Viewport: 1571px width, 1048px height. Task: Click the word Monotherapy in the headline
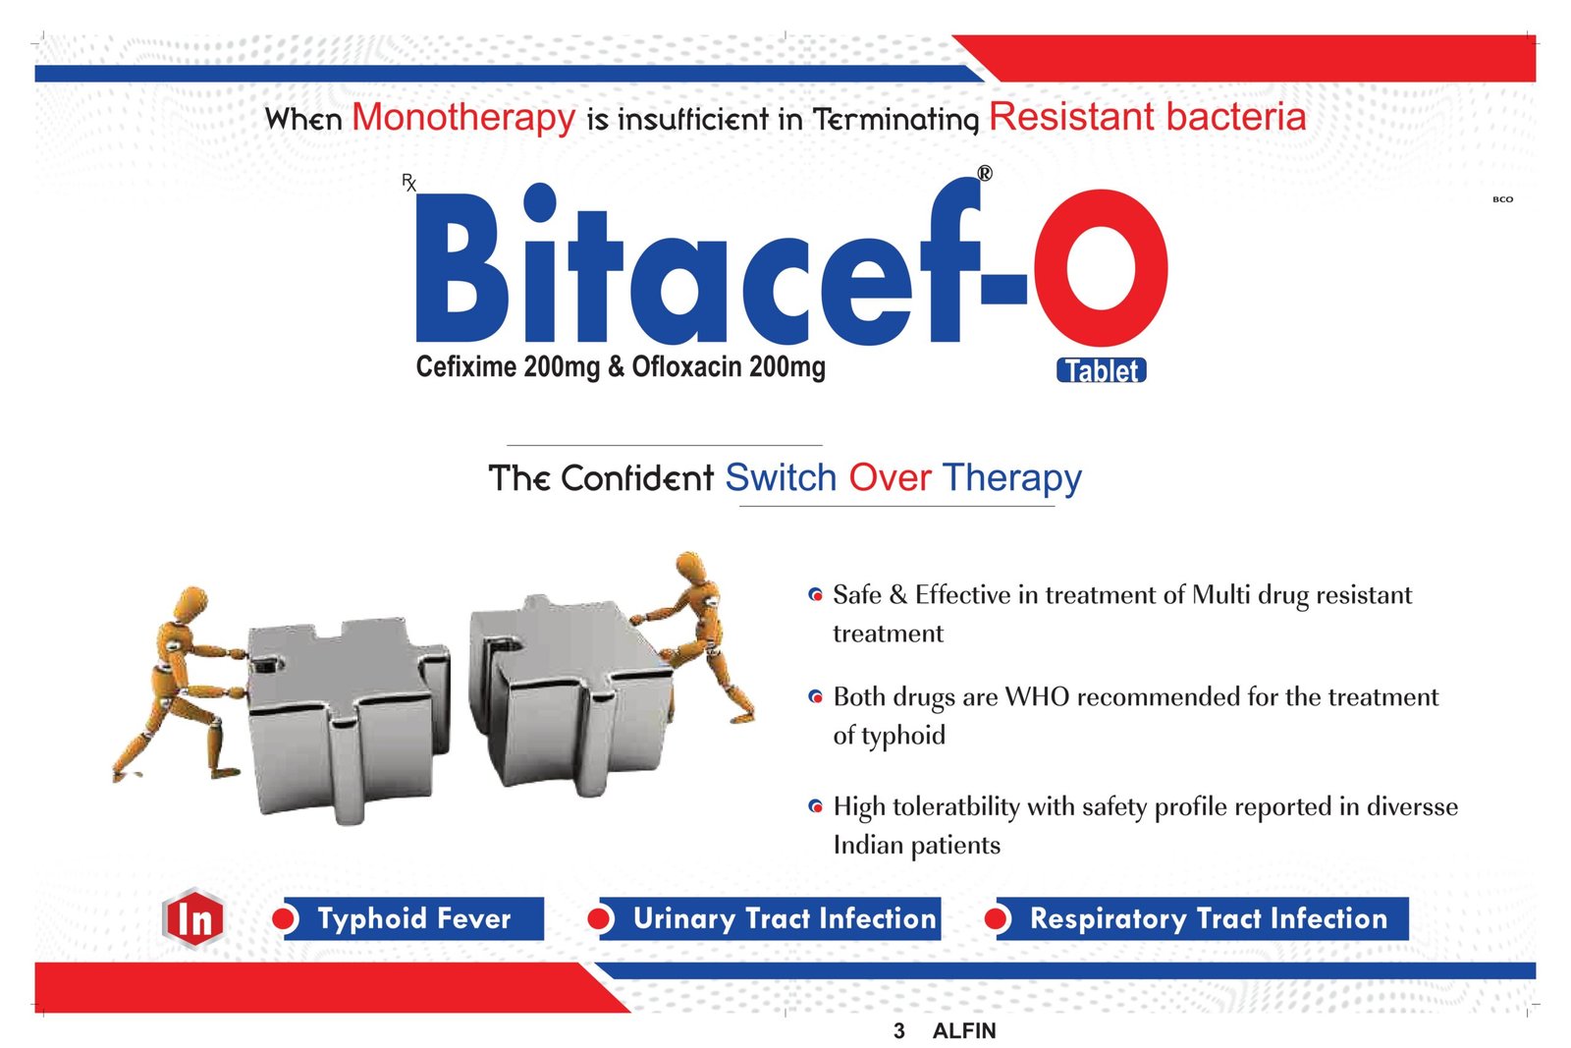pyautogui.click(x=463, y=117)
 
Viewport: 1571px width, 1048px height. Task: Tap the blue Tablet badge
pyautogui.click(x=1101, y=370)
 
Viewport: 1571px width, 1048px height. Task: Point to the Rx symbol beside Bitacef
pyautogui.click(x=408, y=183)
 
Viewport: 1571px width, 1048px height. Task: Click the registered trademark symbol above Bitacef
pyautogui.click(x=985, y=173)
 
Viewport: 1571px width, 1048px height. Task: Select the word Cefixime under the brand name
pyautogui.click(x=465, y=366)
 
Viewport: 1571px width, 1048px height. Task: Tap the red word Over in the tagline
pyautogui.click(x=890, y=477)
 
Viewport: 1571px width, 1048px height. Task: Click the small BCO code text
pyautogui.click(x=1502, y=199)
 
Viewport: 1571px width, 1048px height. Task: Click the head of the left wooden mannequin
pyautogui.click(x=190, y=603)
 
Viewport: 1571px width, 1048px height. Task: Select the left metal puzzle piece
pyautogui.click(x=349, y=719)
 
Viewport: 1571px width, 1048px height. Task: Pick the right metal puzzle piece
pyautogui.click(x=570, y=695)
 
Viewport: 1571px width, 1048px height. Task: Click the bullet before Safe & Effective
pyautogui.click(x=815, y=595)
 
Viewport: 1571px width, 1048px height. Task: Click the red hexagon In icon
pyautogui.click(x=192, y=918)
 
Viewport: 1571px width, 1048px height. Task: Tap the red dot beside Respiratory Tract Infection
pyautogui.click(x=997, y=918)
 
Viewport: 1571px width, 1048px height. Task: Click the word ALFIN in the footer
pyautogui.click(x=964, y=1030)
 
